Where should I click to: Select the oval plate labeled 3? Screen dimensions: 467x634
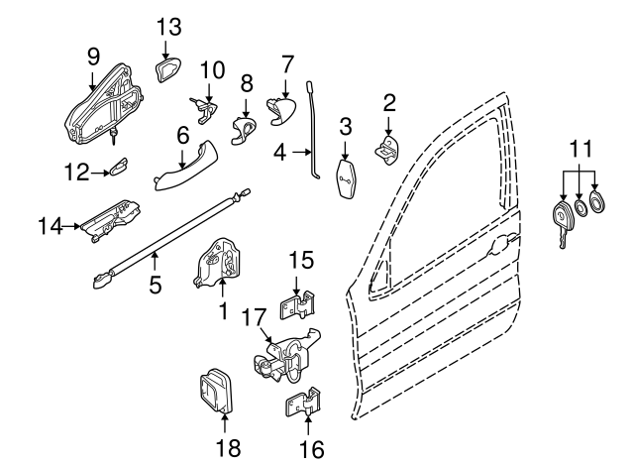(347, 178)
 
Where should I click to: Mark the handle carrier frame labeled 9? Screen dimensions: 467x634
(104, 104)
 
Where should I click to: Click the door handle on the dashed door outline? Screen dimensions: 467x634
(501, 241)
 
